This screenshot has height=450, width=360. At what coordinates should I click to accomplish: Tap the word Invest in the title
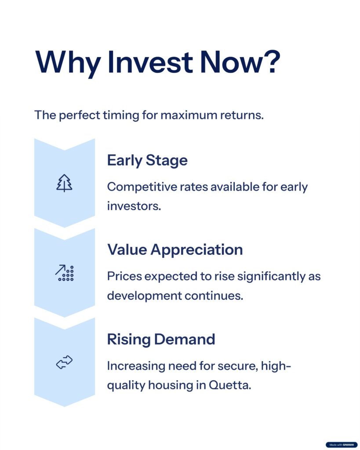(150, 62)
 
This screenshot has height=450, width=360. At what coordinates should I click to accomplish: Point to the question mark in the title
(270, 62)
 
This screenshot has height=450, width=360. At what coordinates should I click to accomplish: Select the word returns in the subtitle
(242, 116)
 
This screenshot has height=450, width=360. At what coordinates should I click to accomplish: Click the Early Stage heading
(147, 160)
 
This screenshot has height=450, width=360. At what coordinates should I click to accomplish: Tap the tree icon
(64, 183)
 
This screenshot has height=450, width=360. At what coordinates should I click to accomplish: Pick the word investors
(134, 206)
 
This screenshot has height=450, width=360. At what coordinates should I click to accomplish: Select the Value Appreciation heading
(175, 250)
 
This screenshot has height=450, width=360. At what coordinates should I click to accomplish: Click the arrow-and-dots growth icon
(65, 272)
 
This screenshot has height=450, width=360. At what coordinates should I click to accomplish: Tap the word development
(145, 296)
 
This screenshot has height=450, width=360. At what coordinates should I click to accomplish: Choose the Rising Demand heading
(161, 339)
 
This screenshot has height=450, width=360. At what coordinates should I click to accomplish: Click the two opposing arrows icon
(64, 362)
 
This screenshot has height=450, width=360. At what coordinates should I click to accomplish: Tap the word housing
(171, 385)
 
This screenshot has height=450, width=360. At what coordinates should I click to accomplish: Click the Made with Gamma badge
(342, 445)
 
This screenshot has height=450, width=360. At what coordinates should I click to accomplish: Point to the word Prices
(124, 276)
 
